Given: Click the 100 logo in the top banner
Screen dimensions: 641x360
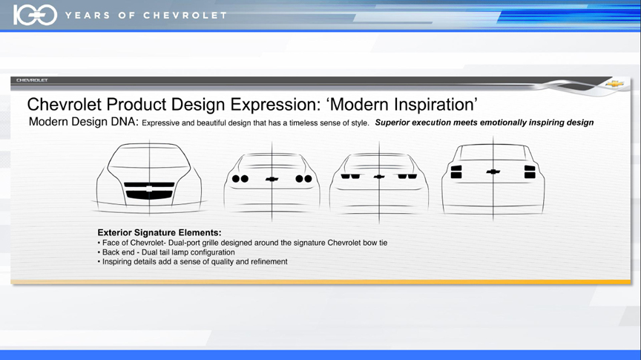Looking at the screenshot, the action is coord(35,15).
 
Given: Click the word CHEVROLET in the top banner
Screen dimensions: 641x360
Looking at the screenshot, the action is coord(185,16).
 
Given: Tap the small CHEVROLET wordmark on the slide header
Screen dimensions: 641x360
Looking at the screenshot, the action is coord(33,80).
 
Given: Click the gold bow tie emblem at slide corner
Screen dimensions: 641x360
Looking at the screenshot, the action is coord(615,84).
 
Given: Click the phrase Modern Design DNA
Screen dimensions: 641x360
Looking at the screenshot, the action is coord(84,122).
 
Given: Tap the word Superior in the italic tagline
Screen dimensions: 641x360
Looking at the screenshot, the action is coord(392,122).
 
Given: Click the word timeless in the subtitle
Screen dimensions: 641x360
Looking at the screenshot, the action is coord(303,122).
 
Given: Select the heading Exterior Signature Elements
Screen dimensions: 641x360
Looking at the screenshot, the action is coord(160,232).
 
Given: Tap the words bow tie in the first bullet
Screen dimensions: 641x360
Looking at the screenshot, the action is coord(375,243).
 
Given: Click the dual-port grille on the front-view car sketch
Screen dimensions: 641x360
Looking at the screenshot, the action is coord(149,191).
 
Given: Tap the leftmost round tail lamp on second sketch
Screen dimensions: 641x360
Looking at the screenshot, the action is coord(236,179).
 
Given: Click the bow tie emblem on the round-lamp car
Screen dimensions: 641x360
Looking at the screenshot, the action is coord(272,179).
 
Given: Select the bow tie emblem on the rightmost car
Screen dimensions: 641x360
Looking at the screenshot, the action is coord(493,171).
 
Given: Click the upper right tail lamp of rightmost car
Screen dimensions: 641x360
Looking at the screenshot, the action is coord(530,168).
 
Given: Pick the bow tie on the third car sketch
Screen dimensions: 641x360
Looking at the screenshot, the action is coord(379,177).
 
